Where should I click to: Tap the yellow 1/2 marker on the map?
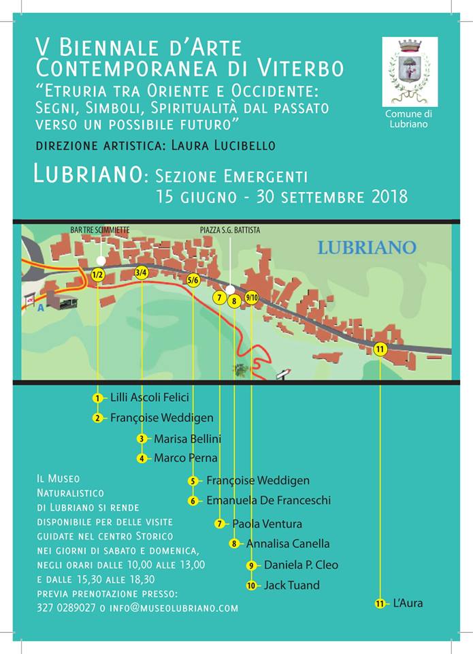point(97,275)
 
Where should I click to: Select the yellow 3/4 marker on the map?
point(142,273)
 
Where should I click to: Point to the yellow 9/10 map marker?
point(252,298)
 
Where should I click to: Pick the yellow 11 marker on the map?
point(380,349)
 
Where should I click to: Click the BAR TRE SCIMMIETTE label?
point(99,230)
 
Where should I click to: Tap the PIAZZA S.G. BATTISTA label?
point(229,230)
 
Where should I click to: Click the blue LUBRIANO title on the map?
point(366,247)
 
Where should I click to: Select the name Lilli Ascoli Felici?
point(149,397)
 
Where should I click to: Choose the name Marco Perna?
point(185,458)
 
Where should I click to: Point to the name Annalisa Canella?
point(287,544)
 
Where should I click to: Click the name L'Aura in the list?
point(408,604)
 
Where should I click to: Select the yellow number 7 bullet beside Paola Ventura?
point(219,524)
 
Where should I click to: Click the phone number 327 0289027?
point(66,608)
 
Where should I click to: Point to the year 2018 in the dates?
point(381,198)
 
